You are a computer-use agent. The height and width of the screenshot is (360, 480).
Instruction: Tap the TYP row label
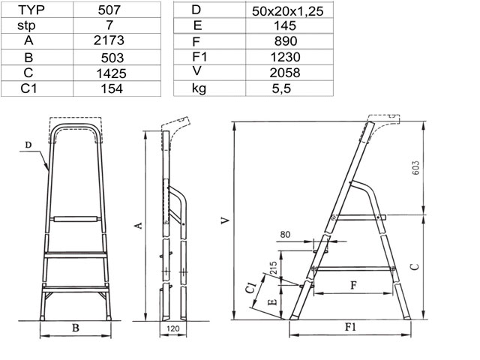click(31, 10)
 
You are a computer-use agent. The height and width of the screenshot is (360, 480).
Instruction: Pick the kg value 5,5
click(281, 88)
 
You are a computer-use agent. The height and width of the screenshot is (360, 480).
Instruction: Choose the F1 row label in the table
click(199, 57)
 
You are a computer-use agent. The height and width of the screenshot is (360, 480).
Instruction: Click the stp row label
click(26, 25)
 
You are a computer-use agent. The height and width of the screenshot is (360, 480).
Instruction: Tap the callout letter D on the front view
click(28, 145)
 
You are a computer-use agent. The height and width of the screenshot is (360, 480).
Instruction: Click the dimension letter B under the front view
click(76, 328)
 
